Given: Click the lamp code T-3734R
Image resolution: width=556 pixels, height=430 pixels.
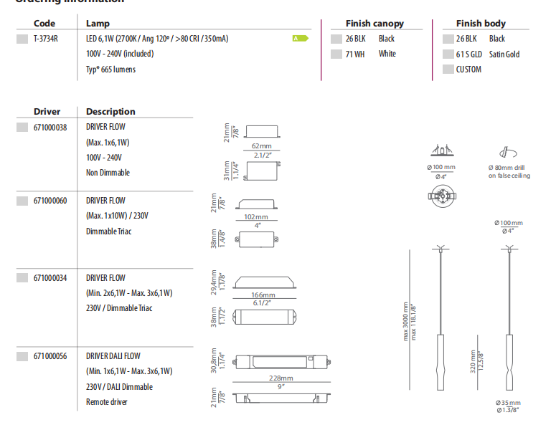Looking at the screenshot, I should point(46,39).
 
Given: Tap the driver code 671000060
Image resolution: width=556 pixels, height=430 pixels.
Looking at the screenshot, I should point(50,201).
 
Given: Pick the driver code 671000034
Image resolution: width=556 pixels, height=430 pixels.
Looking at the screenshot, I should point(50,278).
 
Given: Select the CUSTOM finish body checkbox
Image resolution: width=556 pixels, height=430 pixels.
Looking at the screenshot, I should point(448,70).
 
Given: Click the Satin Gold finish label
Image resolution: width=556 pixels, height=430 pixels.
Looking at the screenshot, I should point(504,54).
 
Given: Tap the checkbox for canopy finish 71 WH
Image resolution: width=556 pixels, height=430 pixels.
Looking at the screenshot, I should point(336,54).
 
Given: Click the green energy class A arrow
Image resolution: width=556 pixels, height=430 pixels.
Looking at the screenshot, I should point(300,38).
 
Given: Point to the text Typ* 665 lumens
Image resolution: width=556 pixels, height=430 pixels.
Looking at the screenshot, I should point(110,70).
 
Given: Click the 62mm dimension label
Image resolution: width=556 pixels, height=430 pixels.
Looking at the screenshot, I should point(261,146).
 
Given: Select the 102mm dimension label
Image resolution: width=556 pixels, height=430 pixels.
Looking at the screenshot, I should point(256,216).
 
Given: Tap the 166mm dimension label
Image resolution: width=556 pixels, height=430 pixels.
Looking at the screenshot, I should point(263,295).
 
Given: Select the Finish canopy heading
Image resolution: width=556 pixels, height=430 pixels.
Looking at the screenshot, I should point(374,24).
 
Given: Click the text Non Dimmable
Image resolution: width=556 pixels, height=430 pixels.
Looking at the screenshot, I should point(108,173).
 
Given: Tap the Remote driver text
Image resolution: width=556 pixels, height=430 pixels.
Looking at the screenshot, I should point(107,402).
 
